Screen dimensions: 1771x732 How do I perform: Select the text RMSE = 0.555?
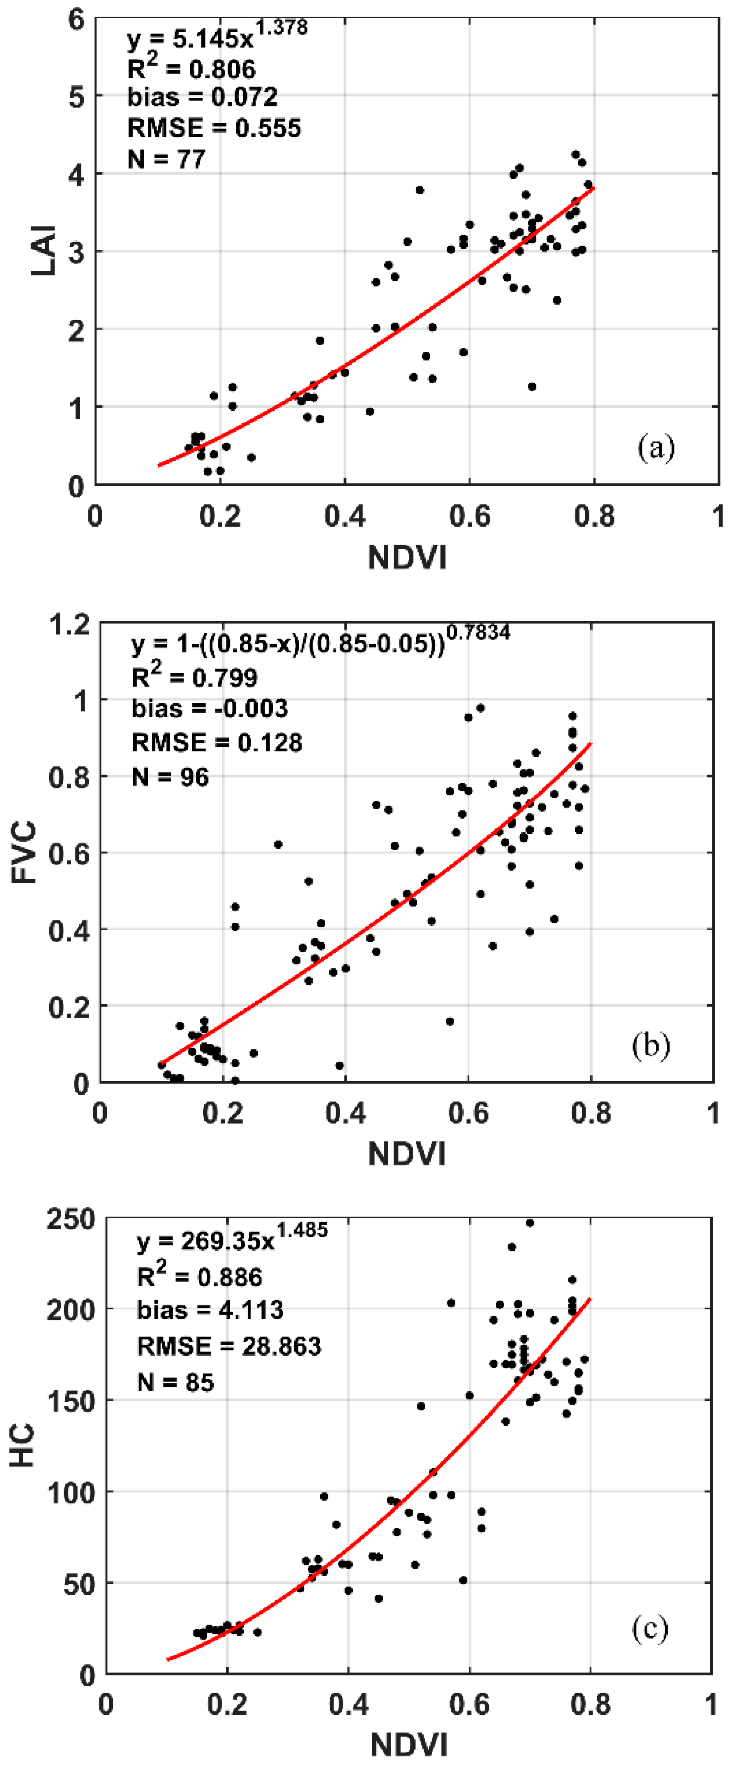pyautogui.click(x=214, y=128)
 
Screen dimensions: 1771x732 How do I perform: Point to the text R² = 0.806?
pyautogui.click(x=191, y=68)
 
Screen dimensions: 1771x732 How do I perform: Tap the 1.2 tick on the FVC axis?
pyautogui.click(x=70, y=624)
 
